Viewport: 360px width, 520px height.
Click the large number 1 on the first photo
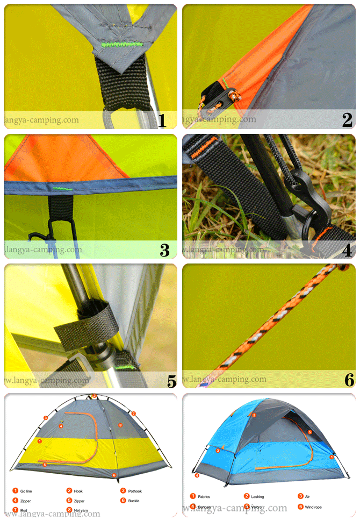click(162, 120)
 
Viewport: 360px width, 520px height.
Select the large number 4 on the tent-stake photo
click(347, 250)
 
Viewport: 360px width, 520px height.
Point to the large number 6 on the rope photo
click(349, 380)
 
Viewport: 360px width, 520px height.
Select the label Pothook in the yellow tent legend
click(135, 491)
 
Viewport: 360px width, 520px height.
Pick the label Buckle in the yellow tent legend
click(134, 501)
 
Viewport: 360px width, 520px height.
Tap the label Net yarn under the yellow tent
click(82, 510)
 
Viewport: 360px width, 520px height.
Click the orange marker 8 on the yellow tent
click(120, 425)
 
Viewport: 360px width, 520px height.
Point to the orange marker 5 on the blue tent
click(310, 432)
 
